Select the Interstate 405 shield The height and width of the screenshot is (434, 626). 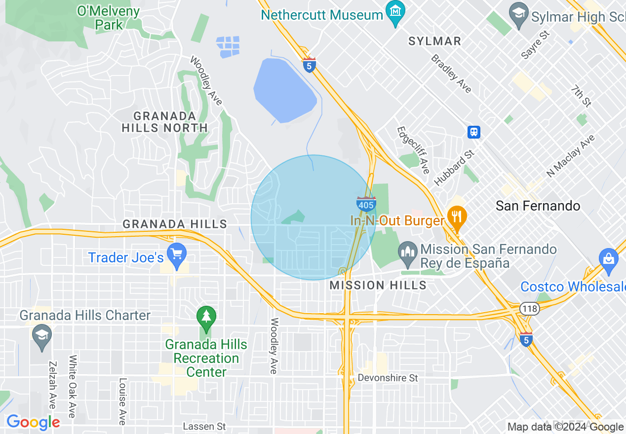click(366, 203)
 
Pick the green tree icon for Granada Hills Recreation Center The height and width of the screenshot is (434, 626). click(206, 317)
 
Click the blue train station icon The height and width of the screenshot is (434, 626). click(474, 132)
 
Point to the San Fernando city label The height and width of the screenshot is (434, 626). click(538, 206)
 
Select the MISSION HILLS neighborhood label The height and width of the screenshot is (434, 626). click(378, 285)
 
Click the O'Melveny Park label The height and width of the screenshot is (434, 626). click(109, 18)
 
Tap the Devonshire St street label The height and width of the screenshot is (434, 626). click(388, 378)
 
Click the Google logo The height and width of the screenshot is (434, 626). click(33, 422)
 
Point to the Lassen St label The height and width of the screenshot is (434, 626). click(204, 426)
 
